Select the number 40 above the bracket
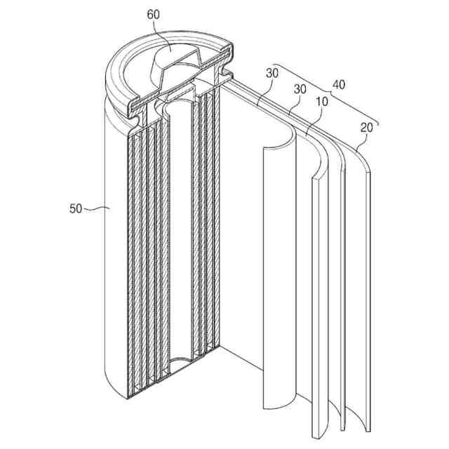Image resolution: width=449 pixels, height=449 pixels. (x=338, y=86)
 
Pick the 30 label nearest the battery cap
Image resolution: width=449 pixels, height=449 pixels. (x=273, y=74)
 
